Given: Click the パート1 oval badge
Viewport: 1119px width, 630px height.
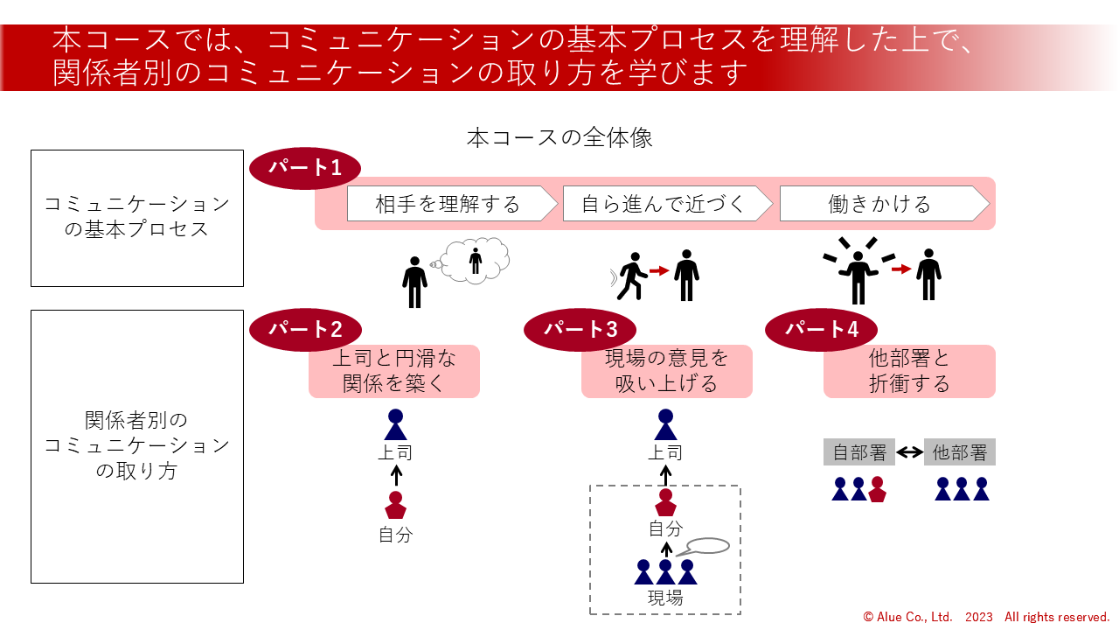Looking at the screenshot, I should [x=305, y=168].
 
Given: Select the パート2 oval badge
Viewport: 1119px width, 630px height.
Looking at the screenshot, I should [x=305, y=329].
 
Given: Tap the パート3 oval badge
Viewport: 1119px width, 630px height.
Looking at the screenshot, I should [x=580, y=329].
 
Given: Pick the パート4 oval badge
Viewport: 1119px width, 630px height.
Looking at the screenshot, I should [x=821, y=329].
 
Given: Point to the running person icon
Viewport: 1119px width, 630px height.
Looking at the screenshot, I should [x=630, y=275].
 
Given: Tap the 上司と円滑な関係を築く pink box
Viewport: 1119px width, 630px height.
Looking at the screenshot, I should [x=394, y=371].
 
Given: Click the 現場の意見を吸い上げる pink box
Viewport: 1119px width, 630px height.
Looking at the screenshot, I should [x=667, y=371].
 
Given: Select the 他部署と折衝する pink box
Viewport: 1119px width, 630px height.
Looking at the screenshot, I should [x=909, y=371].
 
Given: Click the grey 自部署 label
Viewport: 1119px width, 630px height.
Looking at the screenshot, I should [x=859, y=452].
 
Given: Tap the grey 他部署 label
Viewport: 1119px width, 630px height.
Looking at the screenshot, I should [x=959, y=452].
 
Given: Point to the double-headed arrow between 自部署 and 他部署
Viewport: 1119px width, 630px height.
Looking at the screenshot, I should [x=910, y=452].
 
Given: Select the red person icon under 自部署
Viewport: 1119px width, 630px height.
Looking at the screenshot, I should [x=878, y=489].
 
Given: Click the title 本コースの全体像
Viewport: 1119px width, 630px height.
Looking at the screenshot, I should [x=559, y=138].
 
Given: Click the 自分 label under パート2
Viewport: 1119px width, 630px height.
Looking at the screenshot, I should [x=395, y=535].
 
